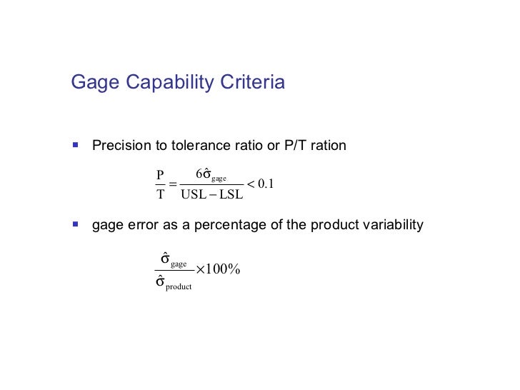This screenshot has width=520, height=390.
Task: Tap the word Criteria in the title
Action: coord(252,83)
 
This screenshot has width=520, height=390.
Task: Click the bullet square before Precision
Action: coord(75,145)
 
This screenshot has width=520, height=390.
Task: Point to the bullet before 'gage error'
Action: coord(75,224)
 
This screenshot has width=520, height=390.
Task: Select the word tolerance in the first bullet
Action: coord(198,146)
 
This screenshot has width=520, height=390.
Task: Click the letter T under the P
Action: coord(160,194)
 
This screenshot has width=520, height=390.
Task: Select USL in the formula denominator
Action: coord(194,194)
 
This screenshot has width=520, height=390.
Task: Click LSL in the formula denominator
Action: coord(231,194)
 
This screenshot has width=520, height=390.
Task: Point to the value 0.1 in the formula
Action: coord(266,184)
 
